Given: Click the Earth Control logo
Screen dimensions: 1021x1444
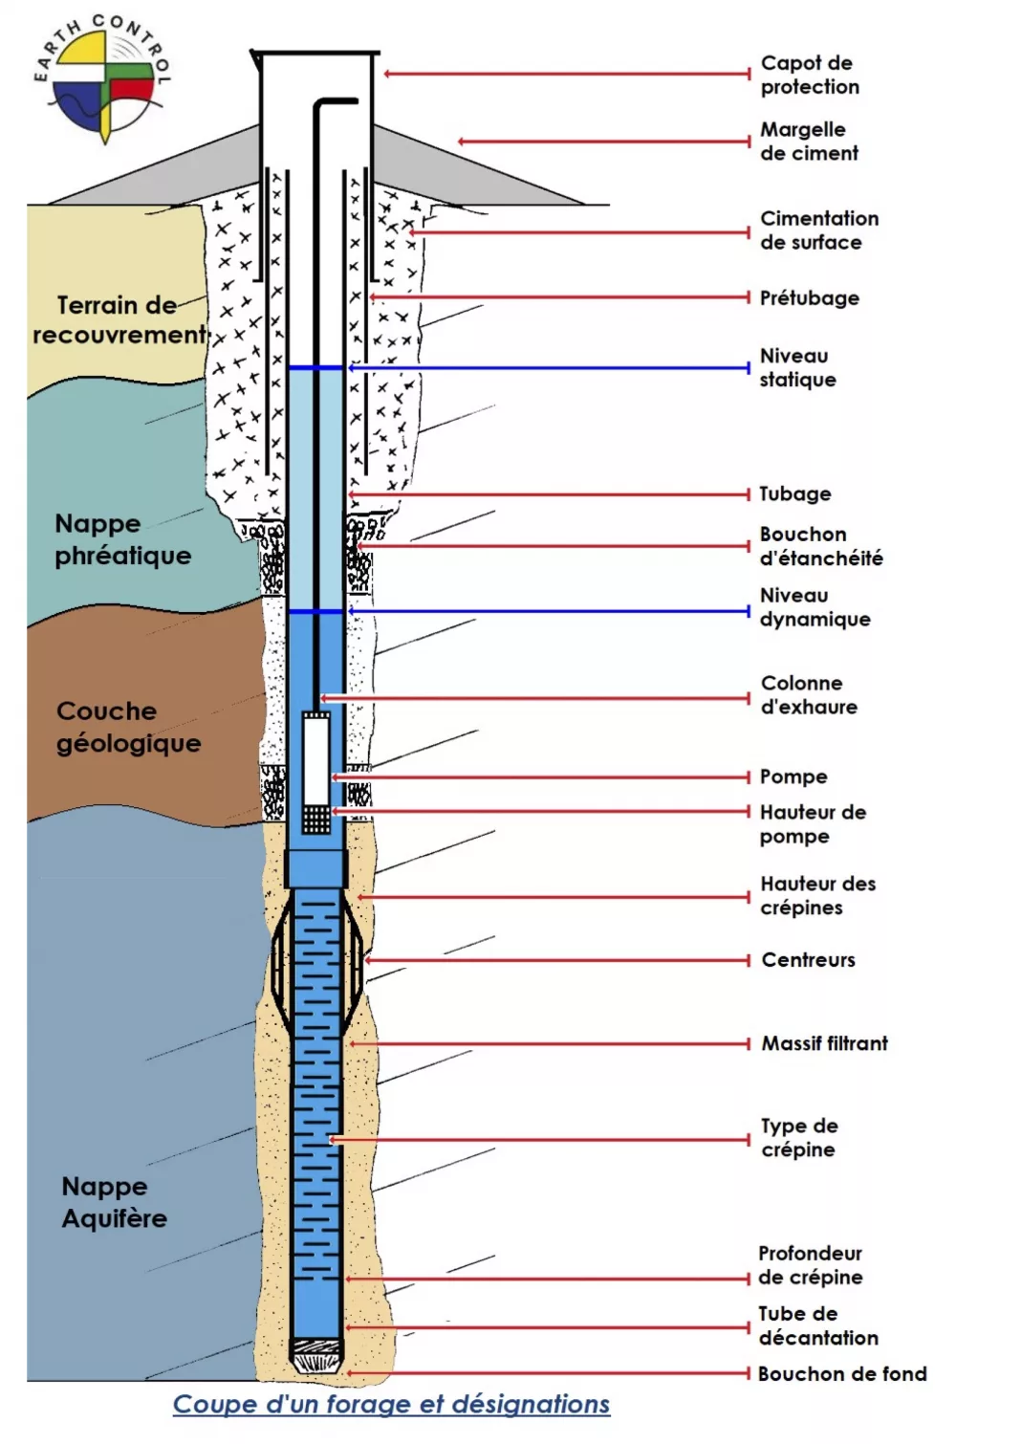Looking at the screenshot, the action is pyautogui.click(x=103, y=78).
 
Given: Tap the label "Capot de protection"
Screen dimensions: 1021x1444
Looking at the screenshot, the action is pyautogui.click(x=811, y=75).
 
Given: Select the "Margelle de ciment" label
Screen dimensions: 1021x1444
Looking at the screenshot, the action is pyautogui.click(x=809, y=142).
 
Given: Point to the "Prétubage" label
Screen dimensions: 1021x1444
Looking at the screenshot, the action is pyautogui.click(x=809, y=297).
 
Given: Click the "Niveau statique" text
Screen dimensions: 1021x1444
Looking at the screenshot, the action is pyautogui.click(x=797, y=367).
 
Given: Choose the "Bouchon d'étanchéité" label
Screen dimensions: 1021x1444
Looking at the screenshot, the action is pyautogui.click(x=820, y=546).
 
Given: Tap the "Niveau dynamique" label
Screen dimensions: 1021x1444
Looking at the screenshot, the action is pyautogui.click(x=815, y=607).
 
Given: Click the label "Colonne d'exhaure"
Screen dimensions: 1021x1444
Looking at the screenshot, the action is pyautogui.click(x=809, y=695).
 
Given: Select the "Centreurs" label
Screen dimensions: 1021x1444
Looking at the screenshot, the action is pyautogui.click(x=809, y=960).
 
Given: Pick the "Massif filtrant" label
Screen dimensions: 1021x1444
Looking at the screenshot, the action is pyautogui.click(x=824, y=1043).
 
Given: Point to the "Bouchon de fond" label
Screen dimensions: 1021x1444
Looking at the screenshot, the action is pyautogui.click(x=842, y=1374).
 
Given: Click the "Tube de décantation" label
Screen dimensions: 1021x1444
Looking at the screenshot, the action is pyautogui.click(x=818, y=1326).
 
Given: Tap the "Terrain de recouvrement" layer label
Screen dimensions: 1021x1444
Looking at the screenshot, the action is pyautogui.click(x=119, y=319).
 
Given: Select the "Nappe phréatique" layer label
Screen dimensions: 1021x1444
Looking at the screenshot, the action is pyautogui.click(x=122, y=539).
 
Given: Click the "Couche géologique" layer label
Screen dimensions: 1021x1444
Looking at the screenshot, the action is pyautogui.click(x=128, y=727).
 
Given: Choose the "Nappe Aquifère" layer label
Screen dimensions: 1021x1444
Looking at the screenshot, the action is pyautogui.click(x=114, y=1202).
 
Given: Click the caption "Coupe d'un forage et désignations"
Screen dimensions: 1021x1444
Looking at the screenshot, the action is pyautogui.click(x=391, y=1405).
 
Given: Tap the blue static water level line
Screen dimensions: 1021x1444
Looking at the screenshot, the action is pyautogui.click(x=315, y=368).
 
